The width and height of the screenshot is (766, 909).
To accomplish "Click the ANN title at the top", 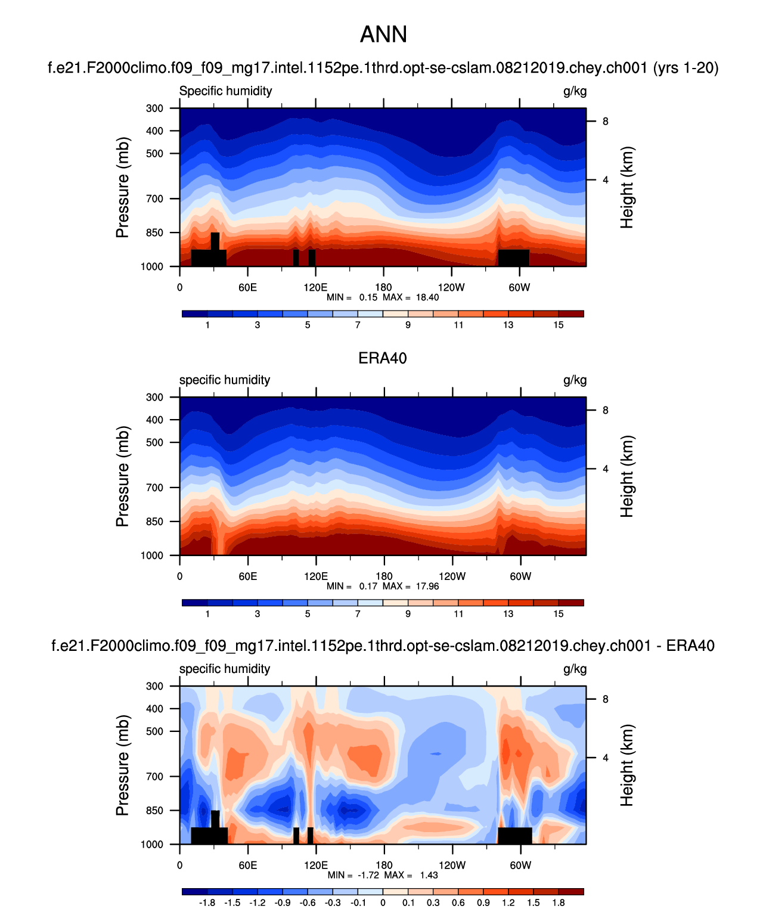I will coord(383,35).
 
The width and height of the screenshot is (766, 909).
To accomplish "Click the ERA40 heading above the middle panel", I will coord(383,358).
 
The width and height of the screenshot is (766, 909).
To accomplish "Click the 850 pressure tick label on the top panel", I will coord(154,233).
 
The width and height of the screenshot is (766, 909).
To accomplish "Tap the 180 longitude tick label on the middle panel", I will coord(384,576).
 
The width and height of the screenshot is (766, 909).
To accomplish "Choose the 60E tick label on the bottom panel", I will coord(247,865).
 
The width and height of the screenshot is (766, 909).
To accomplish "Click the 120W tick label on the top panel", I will coord(451,287).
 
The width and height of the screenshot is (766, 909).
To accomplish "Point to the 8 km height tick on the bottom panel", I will coord(605,699).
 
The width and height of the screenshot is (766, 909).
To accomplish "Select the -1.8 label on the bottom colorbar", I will coord(207,902).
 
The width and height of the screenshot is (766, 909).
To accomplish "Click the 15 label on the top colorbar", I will coord(558,325).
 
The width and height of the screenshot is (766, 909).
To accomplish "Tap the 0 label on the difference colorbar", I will coord(383,902).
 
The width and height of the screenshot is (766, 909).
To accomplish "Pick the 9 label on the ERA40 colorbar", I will coord(408,613).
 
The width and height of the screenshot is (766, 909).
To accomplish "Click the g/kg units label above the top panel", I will coord(575,91).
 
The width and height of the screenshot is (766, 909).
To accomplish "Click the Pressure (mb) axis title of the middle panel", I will coord(122,476).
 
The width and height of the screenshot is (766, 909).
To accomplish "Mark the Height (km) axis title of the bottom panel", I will coord(627,765).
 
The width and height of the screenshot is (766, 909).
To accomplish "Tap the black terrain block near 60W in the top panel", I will coord(513,258).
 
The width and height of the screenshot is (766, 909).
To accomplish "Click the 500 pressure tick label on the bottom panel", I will coord(154,731).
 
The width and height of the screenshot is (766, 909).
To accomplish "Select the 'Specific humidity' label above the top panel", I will coord(225,91).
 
